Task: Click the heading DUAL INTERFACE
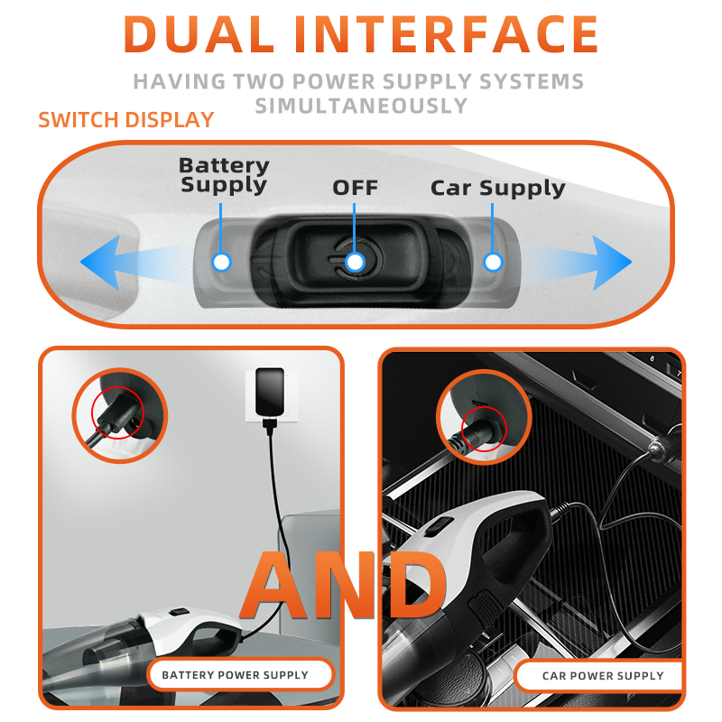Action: pyautogui.click(x=360, y=34)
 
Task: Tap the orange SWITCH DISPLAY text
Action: pyautogui.click(x=126, y=120)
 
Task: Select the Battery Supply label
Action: pyautogui.click(x=224, y=175)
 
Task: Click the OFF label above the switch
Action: pyautogui.click(x=355, y=188)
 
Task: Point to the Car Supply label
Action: pyautogui.click(x=498, y=189)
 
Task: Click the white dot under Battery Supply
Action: pyautogui.click(x=221, y=263)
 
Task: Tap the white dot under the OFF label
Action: pyautogui.click(x=355, y=263)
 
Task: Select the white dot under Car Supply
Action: pyautogui.click(x=493, y=263)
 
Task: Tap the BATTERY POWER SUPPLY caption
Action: pyautogui.click(x=235, y=675)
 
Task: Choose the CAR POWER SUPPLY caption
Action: pyautogui.click(x=603, y=676)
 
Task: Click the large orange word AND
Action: pyautogui.click(x=344, y=585)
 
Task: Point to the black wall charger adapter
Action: pyautogui.click(x=270, y=392)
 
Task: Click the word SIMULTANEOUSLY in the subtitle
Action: pyautogui.click(x=362, y=106)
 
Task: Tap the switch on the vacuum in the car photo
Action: pyautogui.click(x=439, y=527)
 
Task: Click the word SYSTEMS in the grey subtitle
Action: pyautogui.click(x=532, y=81)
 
